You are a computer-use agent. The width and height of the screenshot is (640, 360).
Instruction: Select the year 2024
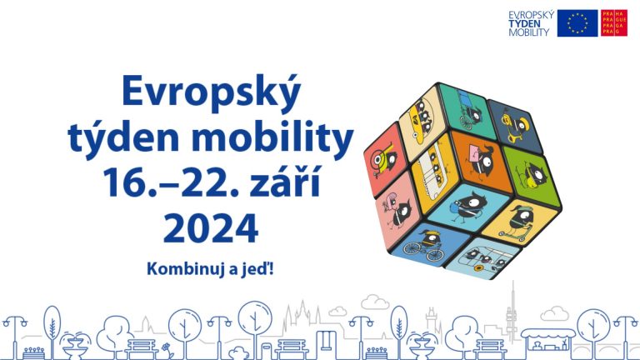point(211,227)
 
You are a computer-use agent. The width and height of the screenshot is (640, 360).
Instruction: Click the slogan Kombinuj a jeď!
point(210,269)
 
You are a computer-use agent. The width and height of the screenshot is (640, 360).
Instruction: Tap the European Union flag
point(577,23)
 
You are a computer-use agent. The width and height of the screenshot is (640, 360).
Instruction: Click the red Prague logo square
point(614,23)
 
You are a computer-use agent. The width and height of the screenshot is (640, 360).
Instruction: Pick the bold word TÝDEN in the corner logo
point(524,23)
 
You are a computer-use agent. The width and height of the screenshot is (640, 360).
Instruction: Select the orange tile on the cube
point(481,160)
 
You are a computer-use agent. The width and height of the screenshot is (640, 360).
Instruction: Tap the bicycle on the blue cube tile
point(423,249)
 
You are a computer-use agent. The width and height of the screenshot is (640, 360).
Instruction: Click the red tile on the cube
point(385,158)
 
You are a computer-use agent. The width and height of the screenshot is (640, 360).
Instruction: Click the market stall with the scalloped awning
point(547,340)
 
